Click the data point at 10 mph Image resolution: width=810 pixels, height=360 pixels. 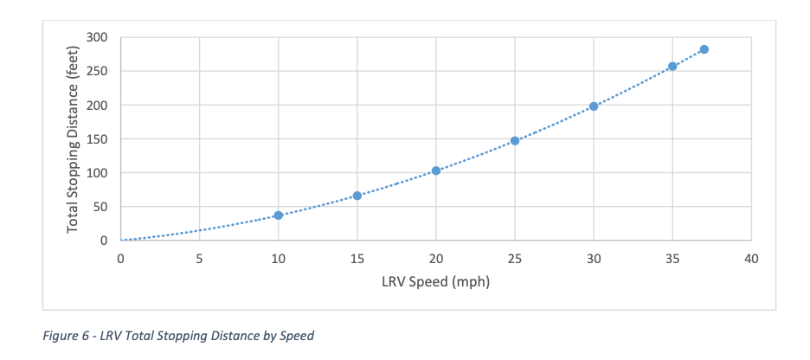pos(279,215)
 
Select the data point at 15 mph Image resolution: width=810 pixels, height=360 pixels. pos(357,196)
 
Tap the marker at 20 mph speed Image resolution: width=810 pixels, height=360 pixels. pos(436,170)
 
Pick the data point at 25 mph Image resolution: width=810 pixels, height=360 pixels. pos(515,140)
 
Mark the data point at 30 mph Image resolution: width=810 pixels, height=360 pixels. pos(594,106)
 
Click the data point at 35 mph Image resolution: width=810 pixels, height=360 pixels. pos(672,66)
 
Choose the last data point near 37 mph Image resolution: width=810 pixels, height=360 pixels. pos(704,49)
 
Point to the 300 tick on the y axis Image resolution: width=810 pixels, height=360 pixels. pos(96,37)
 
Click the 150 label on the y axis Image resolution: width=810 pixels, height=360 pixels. pos(96,138)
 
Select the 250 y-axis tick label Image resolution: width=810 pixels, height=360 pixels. pos(96,71)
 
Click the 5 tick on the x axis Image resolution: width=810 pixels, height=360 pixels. pos(200,258)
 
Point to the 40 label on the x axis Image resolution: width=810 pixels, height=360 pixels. pos(751,258)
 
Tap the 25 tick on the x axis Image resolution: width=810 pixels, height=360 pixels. pos(515,258)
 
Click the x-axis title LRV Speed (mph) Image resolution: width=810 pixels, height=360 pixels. pos(436,281)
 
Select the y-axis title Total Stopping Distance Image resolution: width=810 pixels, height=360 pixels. pos(74,138)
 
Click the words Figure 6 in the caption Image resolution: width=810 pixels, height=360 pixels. pos(66,336)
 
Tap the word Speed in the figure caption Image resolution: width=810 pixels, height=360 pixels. pos(297,336)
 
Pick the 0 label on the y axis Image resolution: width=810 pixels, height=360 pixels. pos(103,240)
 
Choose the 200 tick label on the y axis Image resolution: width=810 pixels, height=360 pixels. pos(96,105)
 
